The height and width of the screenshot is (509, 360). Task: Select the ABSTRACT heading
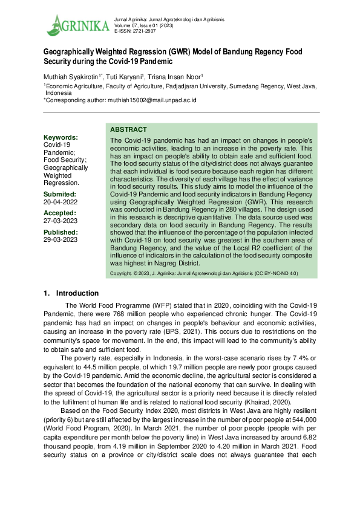click(x=128, y=129)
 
